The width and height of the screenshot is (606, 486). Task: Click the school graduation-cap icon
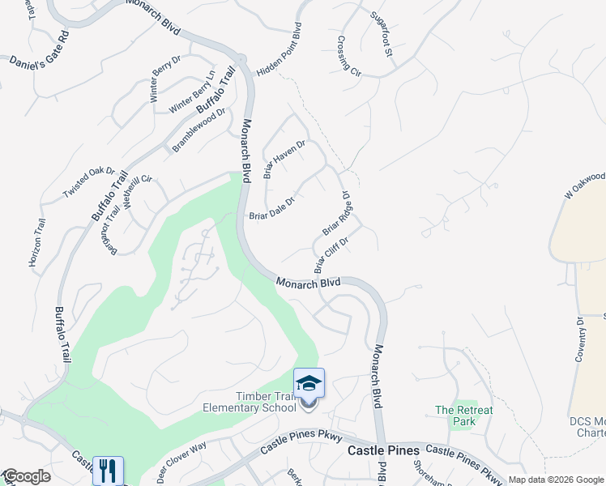coord(309,382)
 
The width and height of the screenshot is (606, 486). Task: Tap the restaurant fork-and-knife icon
coord(108,470)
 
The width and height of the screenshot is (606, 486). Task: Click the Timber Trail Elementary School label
coord(266,402)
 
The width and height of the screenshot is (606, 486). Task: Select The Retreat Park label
coord(463,416)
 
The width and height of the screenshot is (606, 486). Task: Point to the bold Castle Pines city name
coord(383,450)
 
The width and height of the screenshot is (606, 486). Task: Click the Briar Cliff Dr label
coord(331,254)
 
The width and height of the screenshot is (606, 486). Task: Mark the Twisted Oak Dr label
coord(89,182)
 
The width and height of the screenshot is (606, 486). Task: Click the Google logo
coord(26,476)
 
